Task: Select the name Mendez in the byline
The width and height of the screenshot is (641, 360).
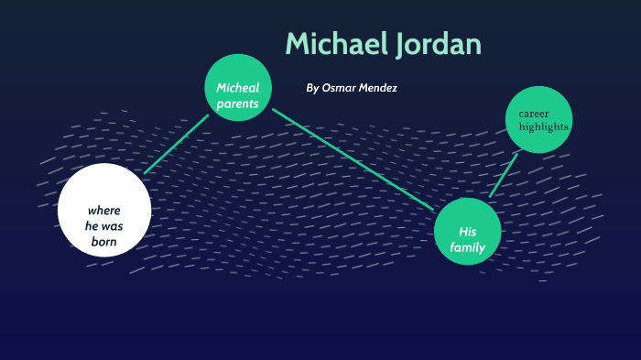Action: [378, 88]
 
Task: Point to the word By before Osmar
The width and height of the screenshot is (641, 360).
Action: [312, 88]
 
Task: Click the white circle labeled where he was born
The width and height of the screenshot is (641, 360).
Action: [104, 209]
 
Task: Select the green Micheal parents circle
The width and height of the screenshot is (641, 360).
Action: [238, 88]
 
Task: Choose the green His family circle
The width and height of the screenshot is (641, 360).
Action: [468, 231]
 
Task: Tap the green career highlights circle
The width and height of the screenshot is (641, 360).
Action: [538, 118]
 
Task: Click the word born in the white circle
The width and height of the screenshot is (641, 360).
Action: [104, 242]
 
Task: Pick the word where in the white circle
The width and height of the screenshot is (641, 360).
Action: [104, 210]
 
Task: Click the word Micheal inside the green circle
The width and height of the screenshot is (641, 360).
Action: [238, 88]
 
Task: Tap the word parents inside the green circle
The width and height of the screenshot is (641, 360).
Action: [238, 104]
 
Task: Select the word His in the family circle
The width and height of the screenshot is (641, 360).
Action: [468, 231]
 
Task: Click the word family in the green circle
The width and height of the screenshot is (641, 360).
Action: [468, 247]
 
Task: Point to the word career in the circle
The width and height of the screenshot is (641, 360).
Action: [536, 112]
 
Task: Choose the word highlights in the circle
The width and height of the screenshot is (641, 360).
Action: [544, 126]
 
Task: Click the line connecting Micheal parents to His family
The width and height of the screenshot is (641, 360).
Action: [353, 158]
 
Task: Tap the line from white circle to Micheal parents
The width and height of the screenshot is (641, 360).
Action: [176, 144]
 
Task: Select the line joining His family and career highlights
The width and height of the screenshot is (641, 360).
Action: [503, 175]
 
